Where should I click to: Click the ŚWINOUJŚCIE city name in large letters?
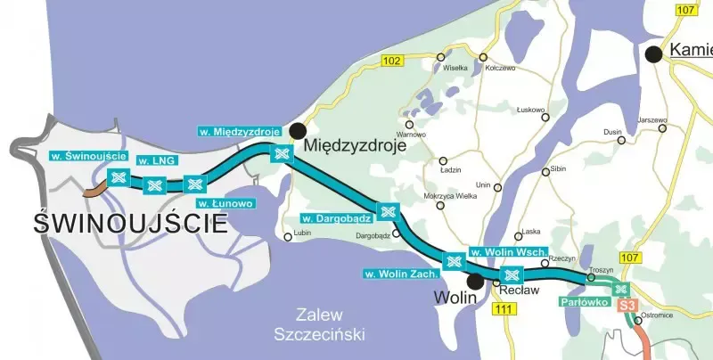[x=130, y=223]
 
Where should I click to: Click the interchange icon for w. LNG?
[x=154, y=184]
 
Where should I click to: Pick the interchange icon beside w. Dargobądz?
[x=387, y=212]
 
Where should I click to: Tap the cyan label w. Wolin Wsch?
[x=507, y=252]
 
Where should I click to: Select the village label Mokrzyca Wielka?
[x=451, y=195]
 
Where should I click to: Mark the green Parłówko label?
[x=585, y=303]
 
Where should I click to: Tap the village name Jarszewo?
[x=652, y=119]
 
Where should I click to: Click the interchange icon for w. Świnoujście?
[x=116, y=176]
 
